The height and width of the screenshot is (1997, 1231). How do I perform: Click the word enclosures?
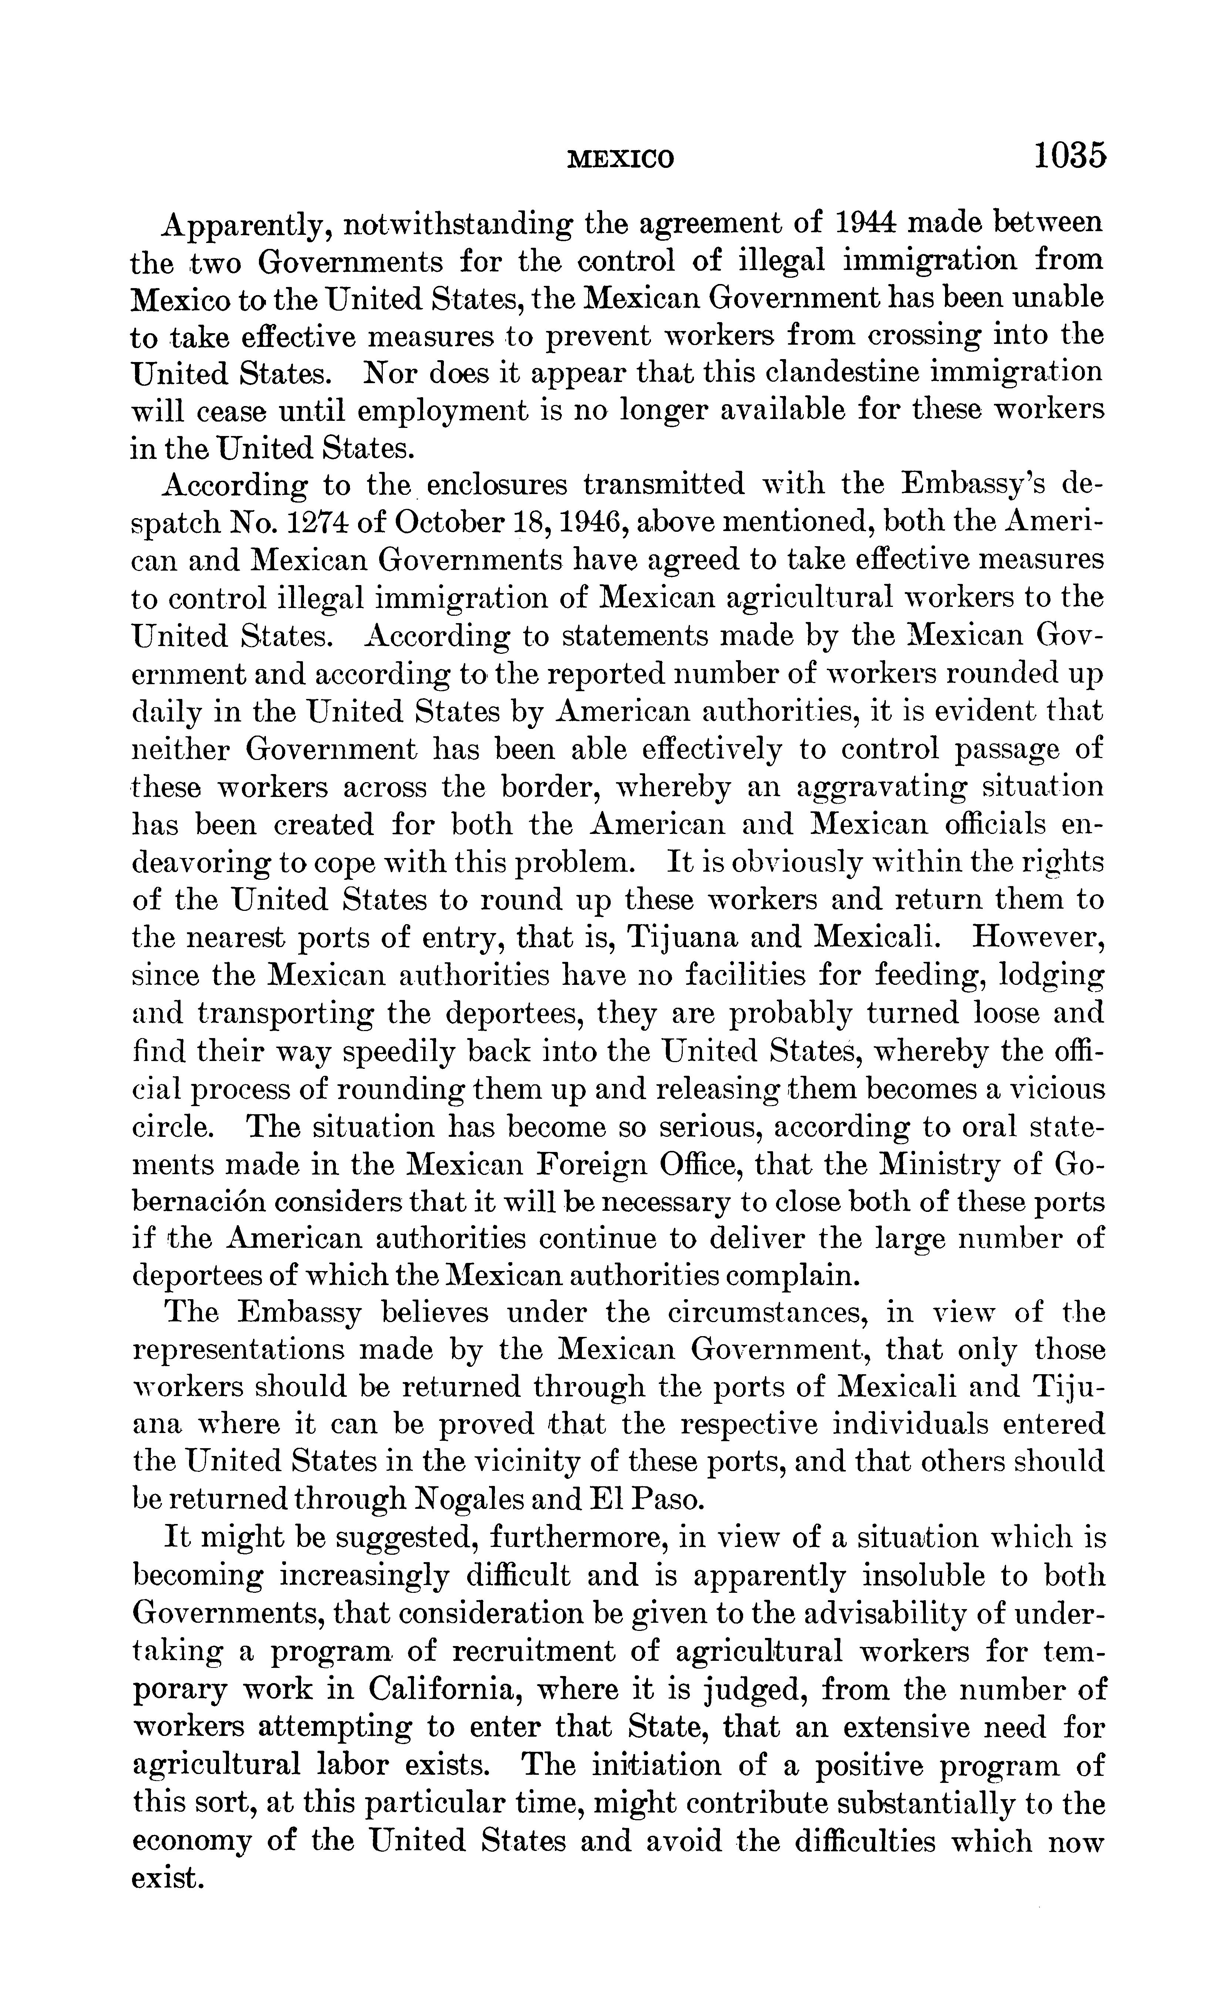497,485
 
